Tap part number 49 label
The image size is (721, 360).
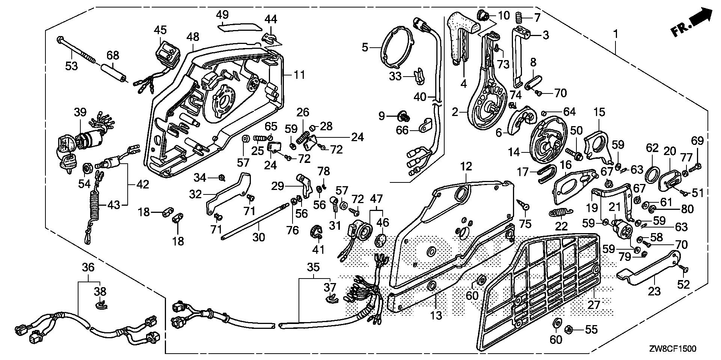coord(222,15)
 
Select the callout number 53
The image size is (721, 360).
coord(71,66)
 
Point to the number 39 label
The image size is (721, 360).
coord(80,112)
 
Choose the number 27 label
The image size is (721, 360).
coord(594,304)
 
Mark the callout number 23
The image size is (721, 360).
coord(654,291)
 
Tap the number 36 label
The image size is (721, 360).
coord(88,267)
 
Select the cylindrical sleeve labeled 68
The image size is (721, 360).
coord(113,72)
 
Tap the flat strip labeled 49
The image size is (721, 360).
coord(240,26)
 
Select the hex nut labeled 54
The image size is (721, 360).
coord(87,169)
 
